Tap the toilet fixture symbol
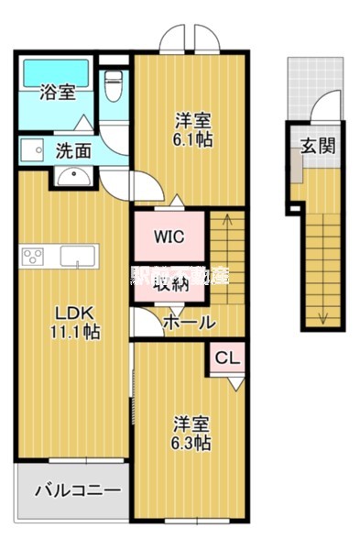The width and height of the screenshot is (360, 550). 114,87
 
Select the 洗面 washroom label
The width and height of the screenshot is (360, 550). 72,150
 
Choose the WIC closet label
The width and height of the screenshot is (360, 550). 169,237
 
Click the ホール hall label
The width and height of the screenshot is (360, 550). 189,322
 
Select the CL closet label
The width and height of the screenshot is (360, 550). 228,358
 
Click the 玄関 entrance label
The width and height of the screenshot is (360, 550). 317,144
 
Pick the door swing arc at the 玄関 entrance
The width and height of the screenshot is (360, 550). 321,109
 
